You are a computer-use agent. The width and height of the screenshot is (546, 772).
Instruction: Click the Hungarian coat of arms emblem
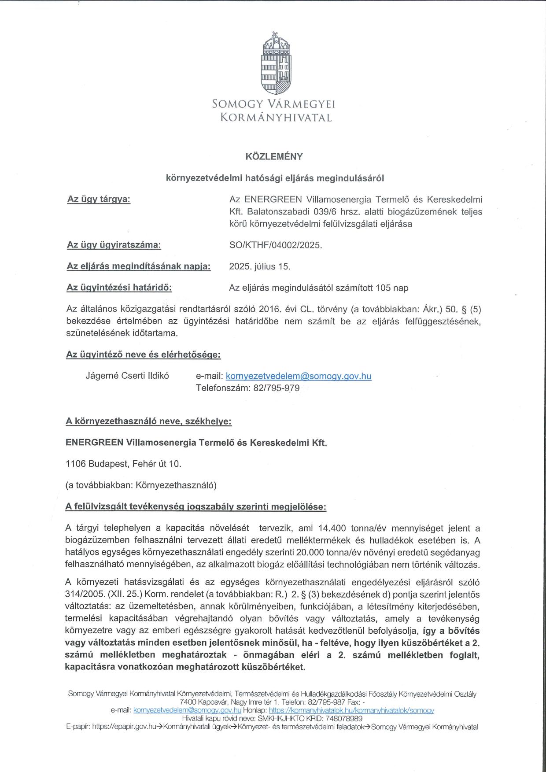(x=277, y=64)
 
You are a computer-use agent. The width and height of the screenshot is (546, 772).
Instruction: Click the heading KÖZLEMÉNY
(x=274, y=156)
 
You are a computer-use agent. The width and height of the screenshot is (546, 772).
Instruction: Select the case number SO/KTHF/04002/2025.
(x=276, y=245)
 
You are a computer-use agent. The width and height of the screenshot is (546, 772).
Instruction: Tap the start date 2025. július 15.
(x=260, y=266)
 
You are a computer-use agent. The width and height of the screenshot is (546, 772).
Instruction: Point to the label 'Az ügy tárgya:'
(x=99, y=199)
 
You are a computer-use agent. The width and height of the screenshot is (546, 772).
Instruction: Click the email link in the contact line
(x=298, y=376)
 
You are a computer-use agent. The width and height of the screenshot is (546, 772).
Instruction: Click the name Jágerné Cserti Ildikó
(x=127, y=376)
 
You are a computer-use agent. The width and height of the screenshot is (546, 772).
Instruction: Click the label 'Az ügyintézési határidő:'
(x=119, y=288)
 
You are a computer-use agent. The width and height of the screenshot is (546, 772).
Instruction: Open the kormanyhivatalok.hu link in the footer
(x=351, y=710)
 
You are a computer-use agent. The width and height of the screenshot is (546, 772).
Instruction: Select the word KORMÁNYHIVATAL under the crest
(x=276, y=118)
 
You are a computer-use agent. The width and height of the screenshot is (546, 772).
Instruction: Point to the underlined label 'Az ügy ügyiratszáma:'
(x=114, y=245)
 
